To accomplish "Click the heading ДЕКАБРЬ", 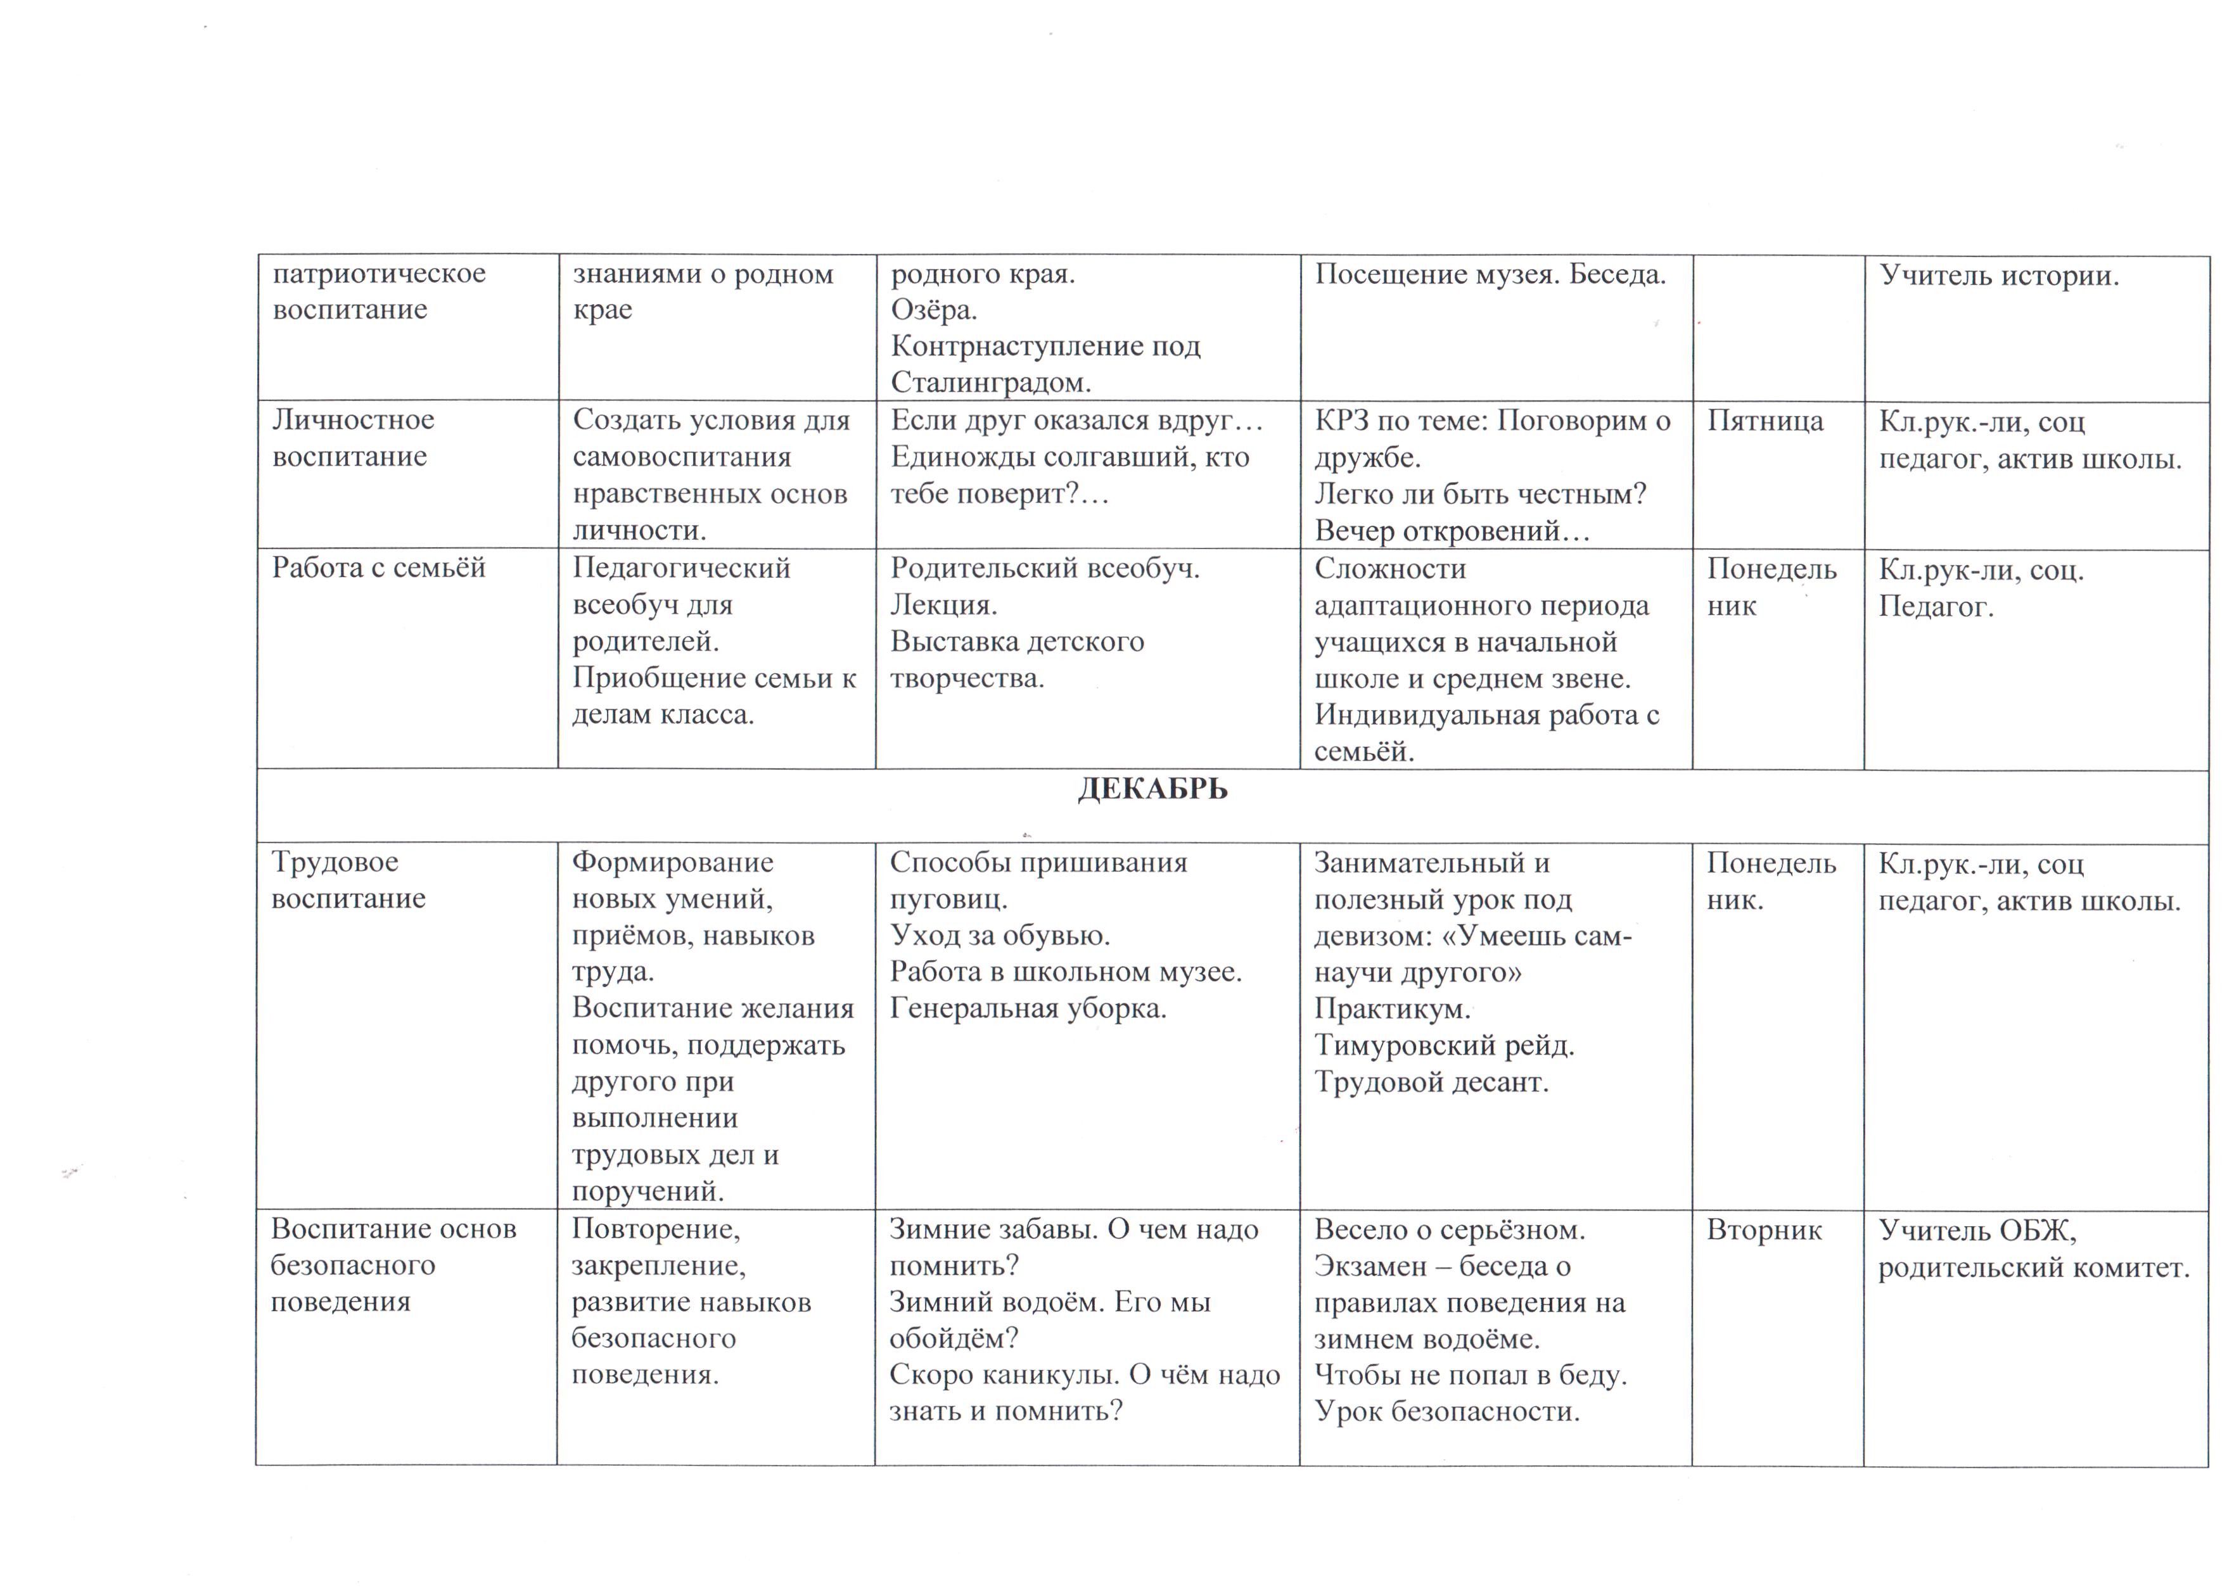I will click(1152, 789).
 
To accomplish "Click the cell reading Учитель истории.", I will click(1998, 276).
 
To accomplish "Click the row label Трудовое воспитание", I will click(348, 880).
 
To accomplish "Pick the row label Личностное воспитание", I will click(352, 438).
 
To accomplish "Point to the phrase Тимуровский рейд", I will click(1444, 1045).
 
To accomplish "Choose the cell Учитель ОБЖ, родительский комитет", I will click(2033, 1248).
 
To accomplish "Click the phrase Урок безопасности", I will click(1446, 1412).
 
